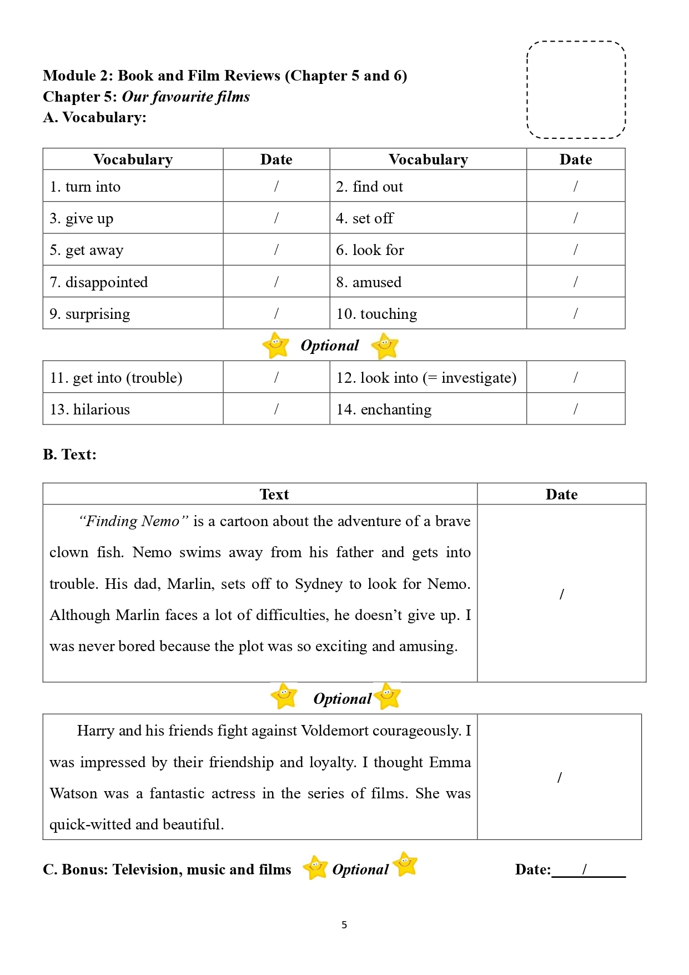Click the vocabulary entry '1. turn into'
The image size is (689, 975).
85,187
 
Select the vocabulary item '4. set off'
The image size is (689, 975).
364,218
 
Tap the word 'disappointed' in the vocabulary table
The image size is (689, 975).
107,282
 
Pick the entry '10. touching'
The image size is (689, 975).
376,314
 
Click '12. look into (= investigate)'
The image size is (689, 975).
426,378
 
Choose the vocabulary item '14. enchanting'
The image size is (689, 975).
384,409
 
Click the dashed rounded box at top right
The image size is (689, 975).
576,89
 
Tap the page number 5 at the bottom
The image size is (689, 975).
344,924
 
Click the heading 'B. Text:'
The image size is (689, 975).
69,454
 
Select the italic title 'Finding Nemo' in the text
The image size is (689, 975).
133,521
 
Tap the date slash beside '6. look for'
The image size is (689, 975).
575,250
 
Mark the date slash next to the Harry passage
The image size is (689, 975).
559,777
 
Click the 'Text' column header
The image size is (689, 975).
274,494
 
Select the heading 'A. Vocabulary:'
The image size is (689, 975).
94,117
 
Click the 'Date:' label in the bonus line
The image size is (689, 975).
532,869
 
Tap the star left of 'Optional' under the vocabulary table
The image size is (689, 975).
275,346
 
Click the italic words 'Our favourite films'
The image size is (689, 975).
185,97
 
